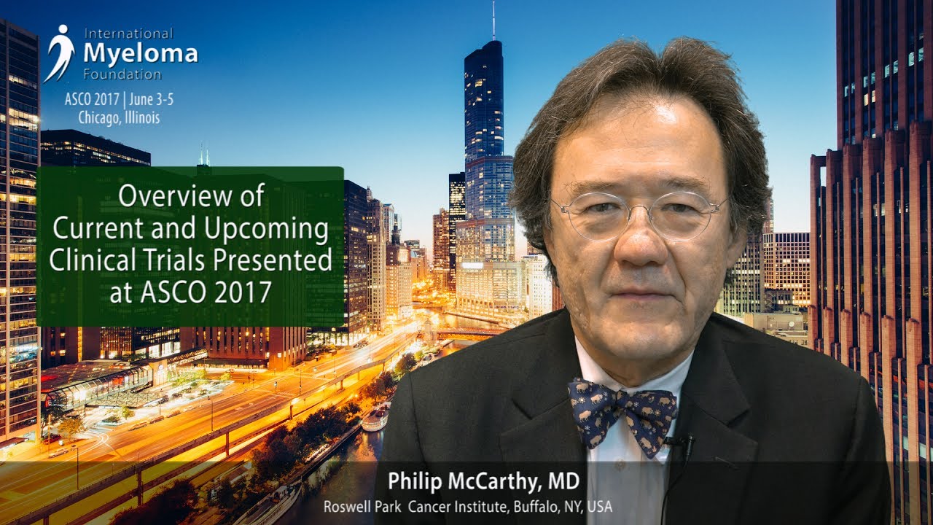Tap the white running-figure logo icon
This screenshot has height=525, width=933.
(60, 53)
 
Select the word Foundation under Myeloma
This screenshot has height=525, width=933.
(122, 74)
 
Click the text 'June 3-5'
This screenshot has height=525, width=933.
(151, 100)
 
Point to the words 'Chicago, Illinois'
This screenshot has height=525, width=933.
(119, 118)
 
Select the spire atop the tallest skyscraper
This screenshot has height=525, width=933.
(493, 21)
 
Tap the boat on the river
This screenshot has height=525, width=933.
(375, 418)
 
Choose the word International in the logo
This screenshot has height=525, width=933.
(128, 34)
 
